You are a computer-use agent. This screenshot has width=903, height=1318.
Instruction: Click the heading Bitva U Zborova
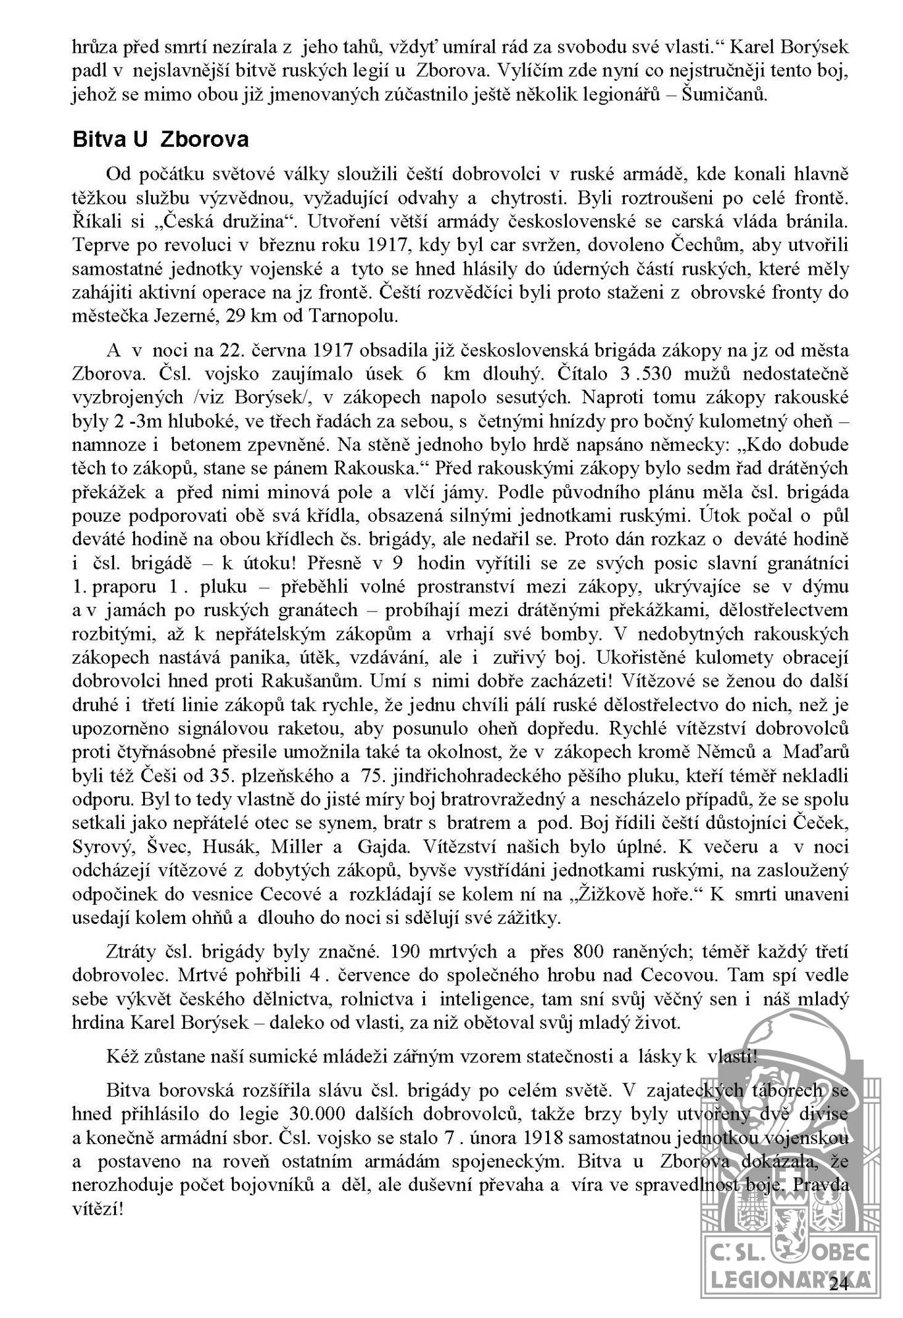[x=160, y=140]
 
